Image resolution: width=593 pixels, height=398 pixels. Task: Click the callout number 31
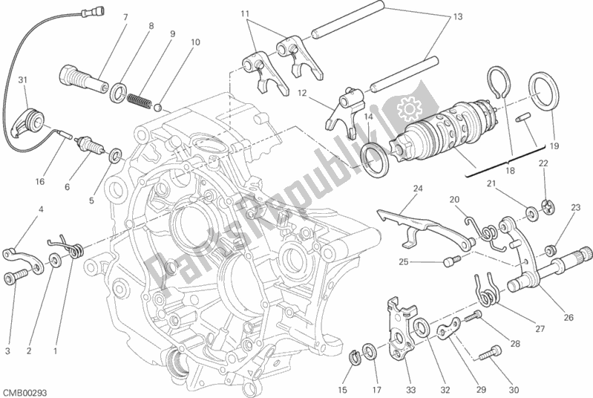click(22, 81)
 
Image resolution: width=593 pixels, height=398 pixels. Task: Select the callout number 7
click(125, 16)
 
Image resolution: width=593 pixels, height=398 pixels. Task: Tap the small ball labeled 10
click(158, 105)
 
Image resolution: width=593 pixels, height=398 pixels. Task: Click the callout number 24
click(417, 188)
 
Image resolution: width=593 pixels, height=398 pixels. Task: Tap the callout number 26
click(568, 318)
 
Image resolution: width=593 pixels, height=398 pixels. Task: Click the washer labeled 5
click(115, 157)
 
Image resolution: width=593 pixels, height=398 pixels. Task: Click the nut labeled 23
click(551, 247)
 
